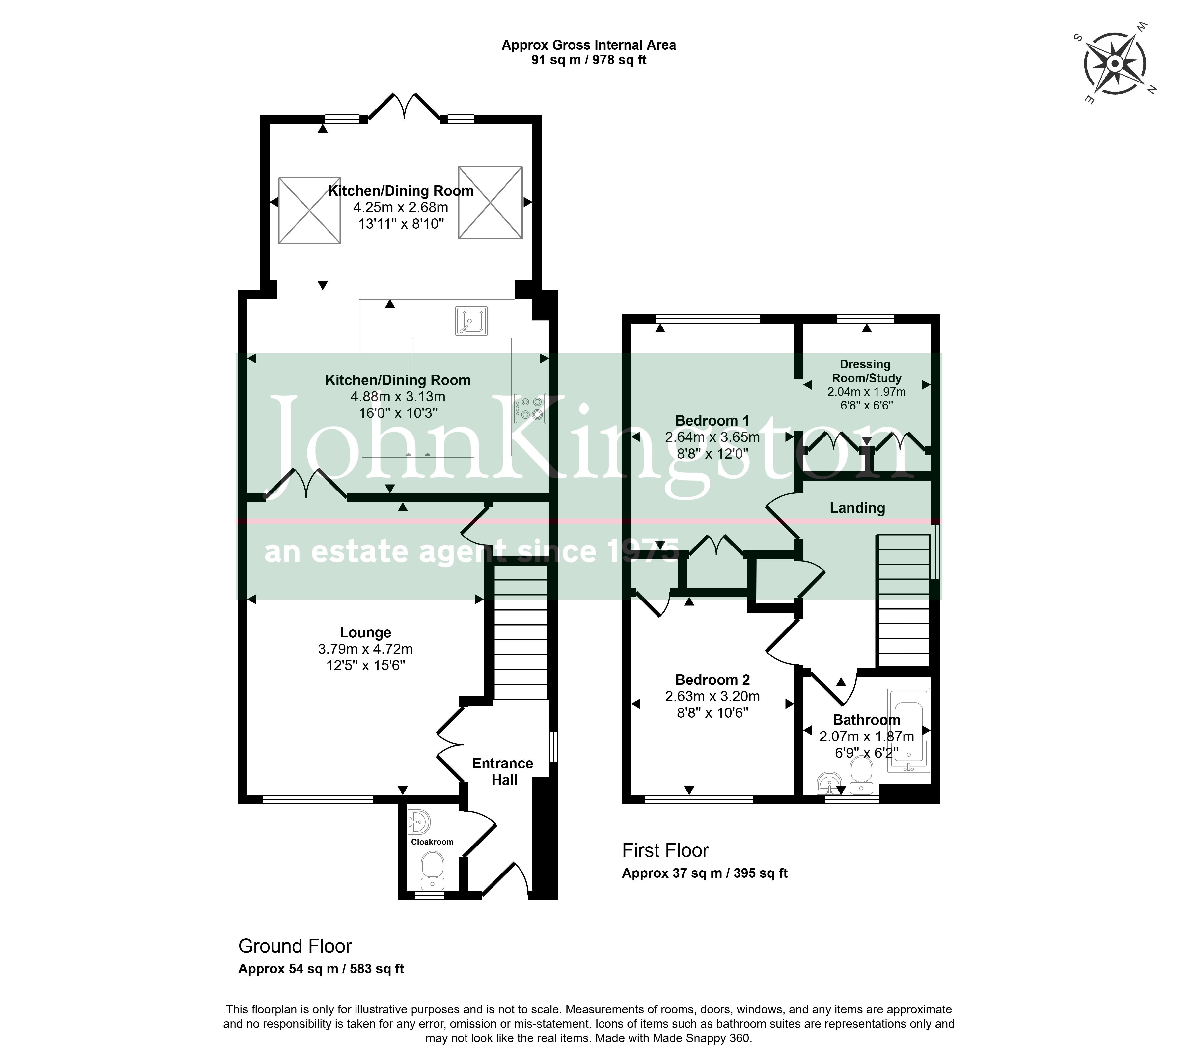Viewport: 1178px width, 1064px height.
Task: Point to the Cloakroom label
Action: tap(432, 842)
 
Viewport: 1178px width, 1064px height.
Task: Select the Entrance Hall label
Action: tap(503, 771)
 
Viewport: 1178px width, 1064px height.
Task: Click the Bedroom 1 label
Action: tap(712, 421)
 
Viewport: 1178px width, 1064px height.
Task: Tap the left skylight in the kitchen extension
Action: tap(309, 210)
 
